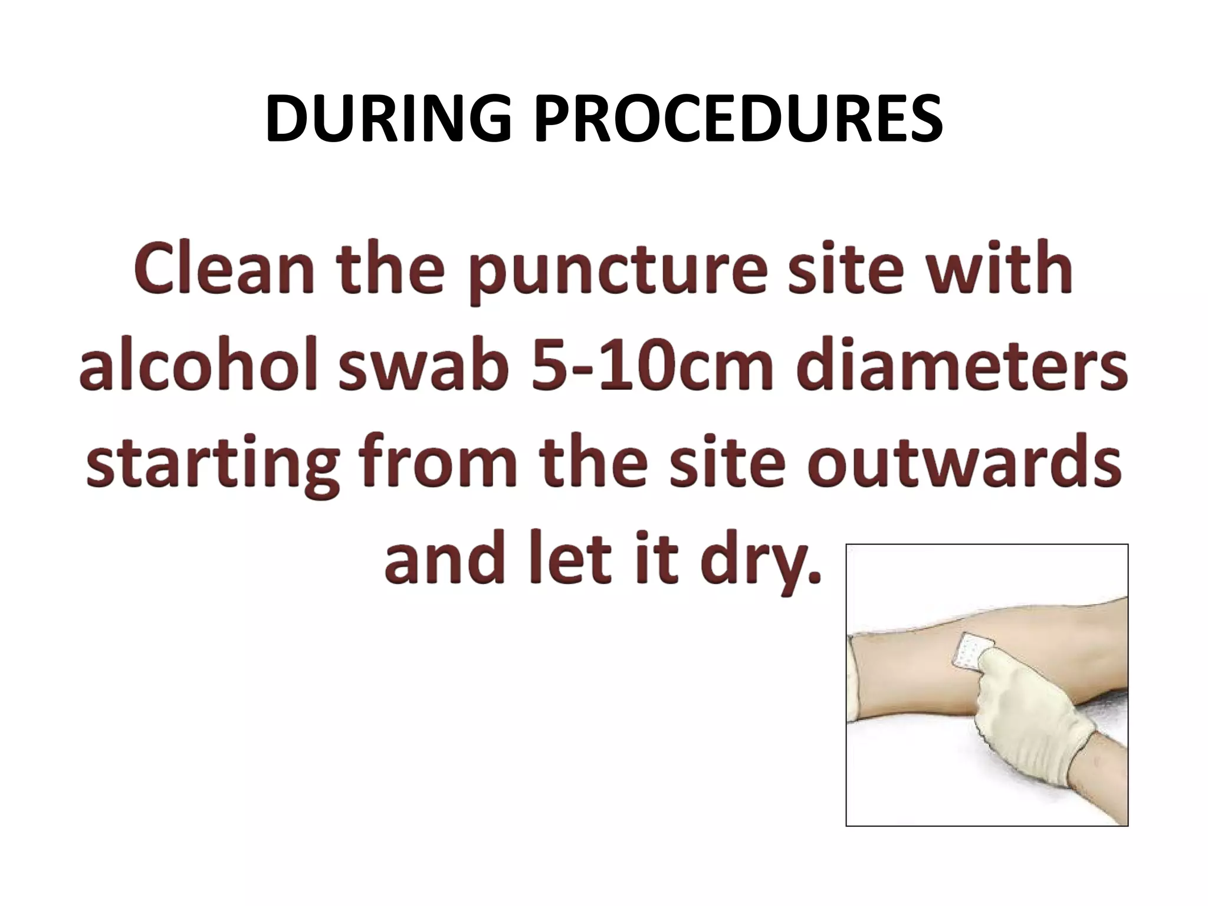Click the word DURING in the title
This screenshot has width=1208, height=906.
389,120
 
